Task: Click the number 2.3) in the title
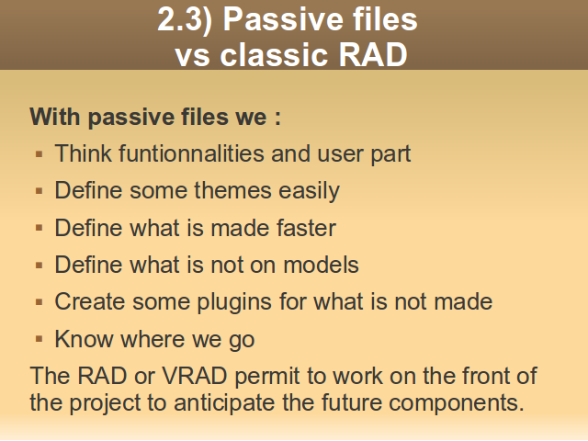tap(185, 19)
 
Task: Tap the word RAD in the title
tap(373, 55)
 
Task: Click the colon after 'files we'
tap(277, 118)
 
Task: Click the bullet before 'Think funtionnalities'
tap(39, 153)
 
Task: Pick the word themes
tap(232, 190)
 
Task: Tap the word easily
tap(309, 191)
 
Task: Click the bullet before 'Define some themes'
tap(39, 191)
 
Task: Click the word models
tap(321, 265)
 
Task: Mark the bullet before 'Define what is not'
tap(39, 266)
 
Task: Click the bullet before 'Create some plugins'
tap(39, 302)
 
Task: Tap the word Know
tap(84, 339)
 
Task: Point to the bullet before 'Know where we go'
tap(39, 339)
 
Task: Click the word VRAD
tap(195, 376)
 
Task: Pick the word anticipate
tap(224, 403)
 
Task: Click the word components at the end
tap(456, 403)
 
